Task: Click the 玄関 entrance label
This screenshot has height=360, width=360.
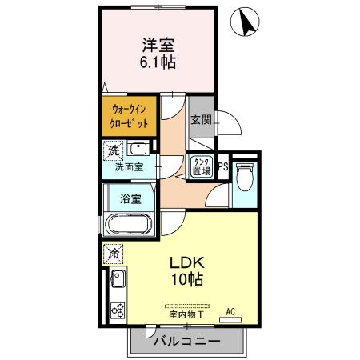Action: coord(200,121)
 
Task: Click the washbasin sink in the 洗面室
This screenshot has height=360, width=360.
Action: coord(138,149)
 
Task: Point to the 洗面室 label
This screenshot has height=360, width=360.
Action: coord(128,168)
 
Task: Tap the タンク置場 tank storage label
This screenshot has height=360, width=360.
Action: coord(200,167)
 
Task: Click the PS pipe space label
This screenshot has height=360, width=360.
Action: coord(223,168)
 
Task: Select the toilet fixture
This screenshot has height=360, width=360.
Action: coord(246,177)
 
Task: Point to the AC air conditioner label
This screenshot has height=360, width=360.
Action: coord(230,311)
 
